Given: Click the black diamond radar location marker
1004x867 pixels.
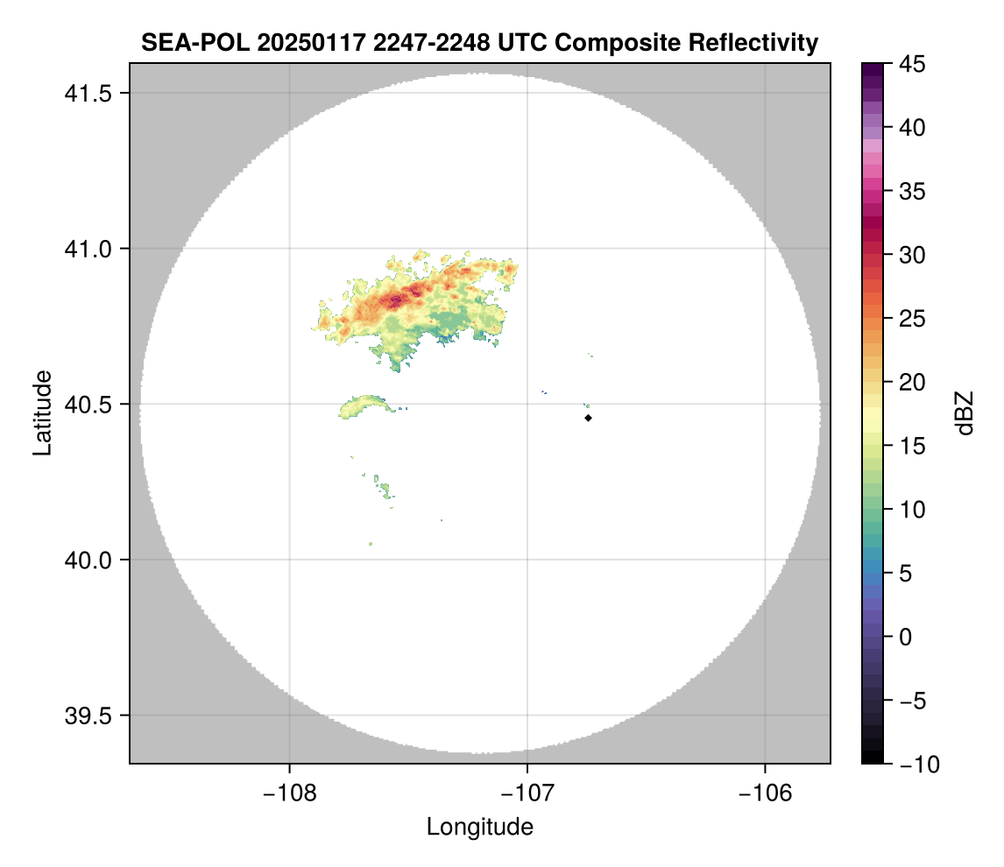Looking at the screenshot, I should pyautogui.click(x=588, y=418).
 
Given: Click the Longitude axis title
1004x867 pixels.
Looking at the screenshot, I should pyautogui.click(x=479, y=826).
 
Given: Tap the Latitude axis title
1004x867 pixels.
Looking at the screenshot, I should pyautogui.click(x=42, y=412).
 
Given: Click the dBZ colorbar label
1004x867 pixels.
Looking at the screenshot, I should pyautogui.click(x=965, y=412).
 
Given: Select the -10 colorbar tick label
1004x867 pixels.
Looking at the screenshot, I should pyautogui.click(x=915, y=764).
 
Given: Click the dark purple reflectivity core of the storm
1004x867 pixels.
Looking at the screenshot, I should pyautogui.click(x=396, y=300).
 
